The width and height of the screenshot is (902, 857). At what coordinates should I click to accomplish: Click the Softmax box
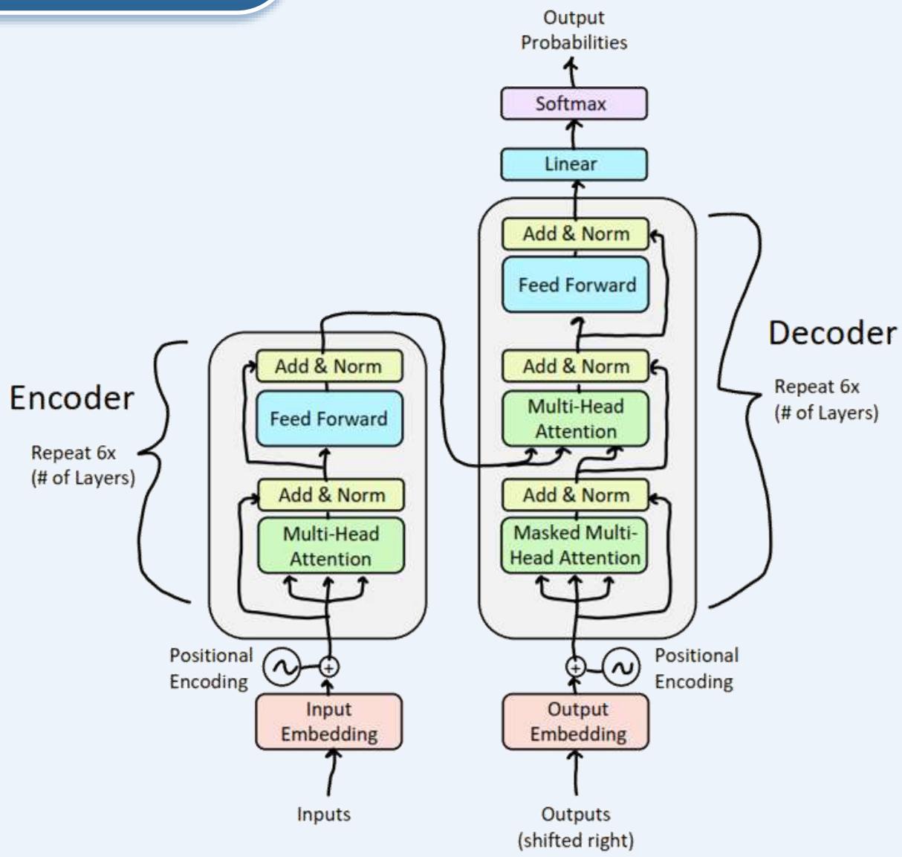tap(574, 103)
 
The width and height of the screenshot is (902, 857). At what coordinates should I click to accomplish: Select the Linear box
tap(574, 164)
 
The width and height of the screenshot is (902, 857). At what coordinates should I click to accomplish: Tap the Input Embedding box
tap(328, 722)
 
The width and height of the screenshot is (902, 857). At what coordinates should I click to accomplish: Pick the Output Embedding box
tap(576, 722)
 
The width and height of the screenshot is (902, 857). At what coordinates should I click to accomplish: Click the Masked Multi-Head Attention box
tap(575, 546)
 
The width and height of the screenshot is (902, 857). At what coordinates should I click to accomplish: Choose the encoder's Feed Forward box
tap(328, 418)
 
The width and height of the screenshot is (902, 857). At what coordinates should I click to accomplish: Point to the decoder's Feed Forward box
tap(576, 285)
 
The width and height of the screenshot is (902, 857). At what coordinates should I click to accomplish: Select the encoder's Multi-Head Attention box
tap(331, 546)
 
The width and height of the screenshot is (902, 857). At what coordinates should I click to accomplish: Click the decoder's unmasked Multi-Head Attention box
tap(575, 419)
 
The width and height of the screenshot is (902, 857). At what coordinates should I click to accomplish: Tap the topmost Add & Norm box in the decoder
tap(575, 234)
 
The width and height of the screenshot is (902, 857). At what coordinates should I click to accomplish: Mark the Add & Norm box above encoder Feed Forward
tap(328, 366)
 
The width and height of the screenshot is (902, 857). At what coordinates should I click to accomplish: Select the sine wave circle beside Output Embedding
tap(620, 667)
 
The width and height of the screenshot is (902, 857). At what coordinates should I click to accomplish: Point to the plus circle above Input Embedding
tap(328, 667)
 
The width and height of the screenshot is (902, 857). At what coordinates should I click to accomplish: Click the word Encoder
tap(71, 398)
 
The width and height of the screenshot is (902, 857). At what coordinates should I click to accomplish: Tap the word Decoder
tap(832, 333)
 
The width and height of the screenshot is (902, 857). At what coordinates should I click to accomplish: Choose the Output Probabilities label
tap(574, 30)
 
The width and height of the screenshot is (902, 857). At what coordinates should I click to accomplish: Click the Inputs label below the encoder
tap(323, 815)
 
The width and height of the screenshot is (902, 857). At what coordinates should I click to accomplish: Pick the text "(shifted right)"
tap(576, 841)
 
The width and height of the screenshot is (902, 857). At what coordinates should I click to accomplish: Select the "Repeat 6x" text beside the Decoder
tap(817, 387)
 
